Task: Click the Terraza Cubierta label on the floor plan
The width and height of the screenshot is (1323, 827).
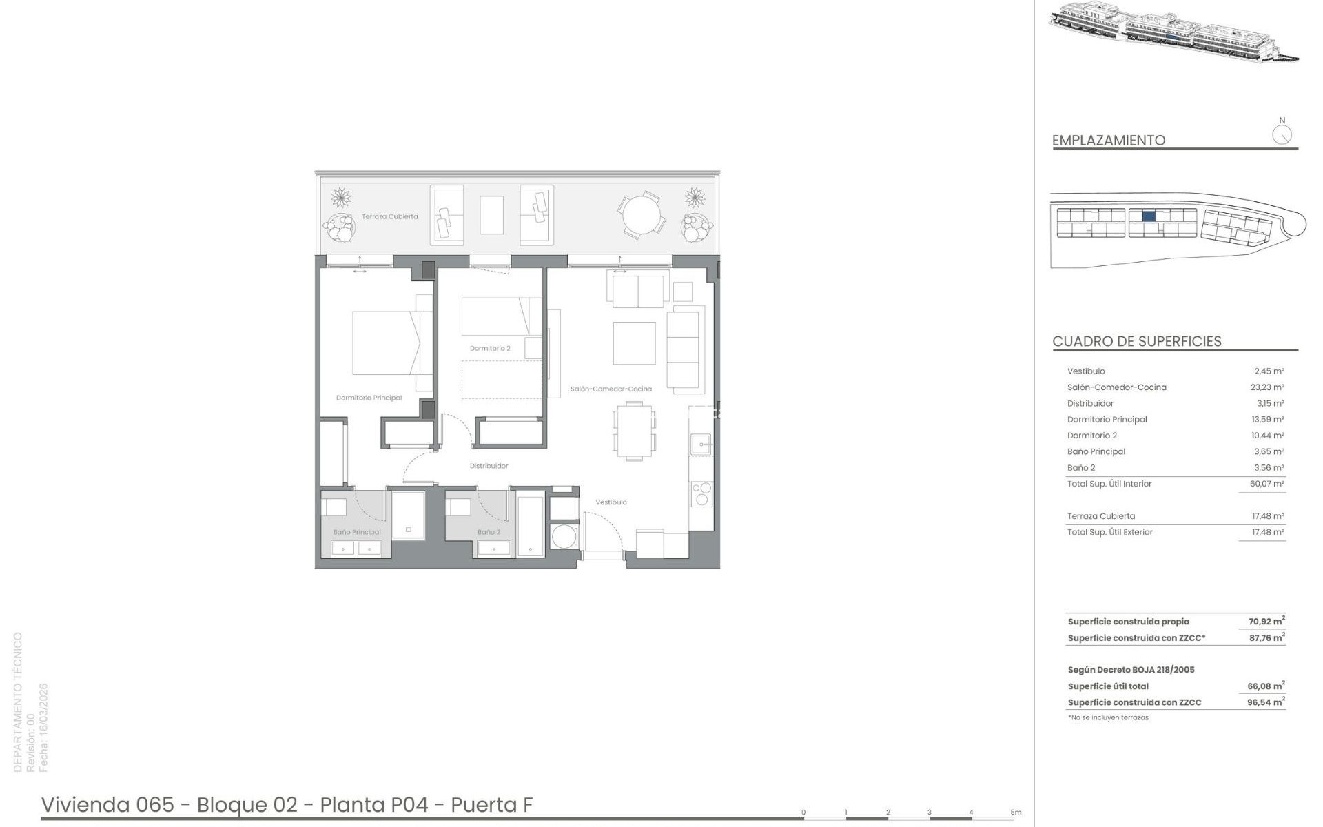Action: click(390, 216)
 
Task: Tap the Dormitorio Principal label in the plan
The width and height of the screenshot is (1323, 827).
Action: click(369, 398)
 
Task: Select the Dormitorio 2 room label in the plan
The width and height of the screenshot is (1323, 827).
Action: click(490, 349)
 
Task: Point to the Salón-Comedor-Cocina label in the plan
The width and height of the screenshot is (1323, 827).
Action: click(611, 389)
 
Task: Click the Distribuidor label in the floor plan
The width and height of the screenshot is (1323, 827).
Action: click(489, 466)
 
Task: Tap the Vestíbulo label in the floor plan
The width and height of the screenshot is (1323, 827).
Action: click(611, 502)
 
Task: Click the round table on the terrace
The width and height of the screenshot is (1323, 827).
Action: click(642, 215)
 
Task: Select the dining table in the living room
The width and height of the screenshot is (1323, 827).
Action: click(634, 431)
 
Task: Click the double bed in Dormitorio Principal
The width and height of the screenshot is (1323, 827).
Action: click(386, 343)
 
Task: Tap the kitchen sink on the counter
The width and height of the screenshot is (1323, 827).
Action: click(701, 445)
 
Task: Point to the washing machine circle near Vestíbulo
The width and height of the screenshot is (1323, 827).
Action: click(564, 536)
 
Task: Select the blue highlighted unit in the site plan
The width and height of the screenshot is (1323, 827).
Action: click(1149, 216)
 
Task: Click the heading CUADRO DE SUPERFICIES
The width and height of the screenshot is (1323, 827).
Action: click(1137, 341)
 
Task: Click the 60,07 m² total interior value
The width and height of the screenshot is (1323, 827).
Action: click(1267, 484)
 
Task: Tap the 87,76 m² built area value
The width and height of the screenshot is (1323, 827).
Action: click(1267, 637)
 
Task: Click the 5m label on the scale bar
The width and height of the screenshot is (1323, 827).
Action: click(1016, 813)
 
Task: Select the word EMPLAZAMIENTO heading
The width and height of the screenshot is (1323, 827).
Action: click(1109, 140)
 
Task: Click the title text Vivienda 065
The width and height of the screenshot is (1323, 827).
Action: click(107, 804)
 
